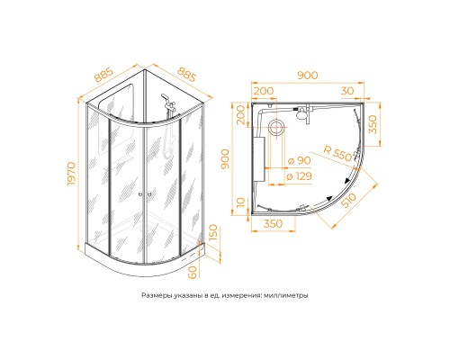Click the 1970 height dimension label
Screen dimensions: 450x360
[x=71, y=174]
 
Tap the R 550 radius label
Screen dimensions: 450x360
[x=337, y=153]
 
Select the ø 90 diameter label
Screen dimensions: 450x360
[x=299, y=161]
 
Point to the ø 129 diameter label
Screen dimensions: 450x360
[x=299, y=176]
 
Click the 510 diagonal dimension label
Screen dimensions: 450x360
[x=349, y=201]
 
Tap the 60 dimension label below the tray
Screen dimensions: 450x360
[x=193, y=272]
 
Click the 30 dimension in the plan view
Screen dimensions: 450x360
[x=347, y=91]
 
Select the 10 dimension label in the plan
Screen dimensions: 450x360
[x=241, y=203]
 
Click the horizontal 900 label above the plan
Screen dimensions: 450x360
[x=308, y=76]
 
